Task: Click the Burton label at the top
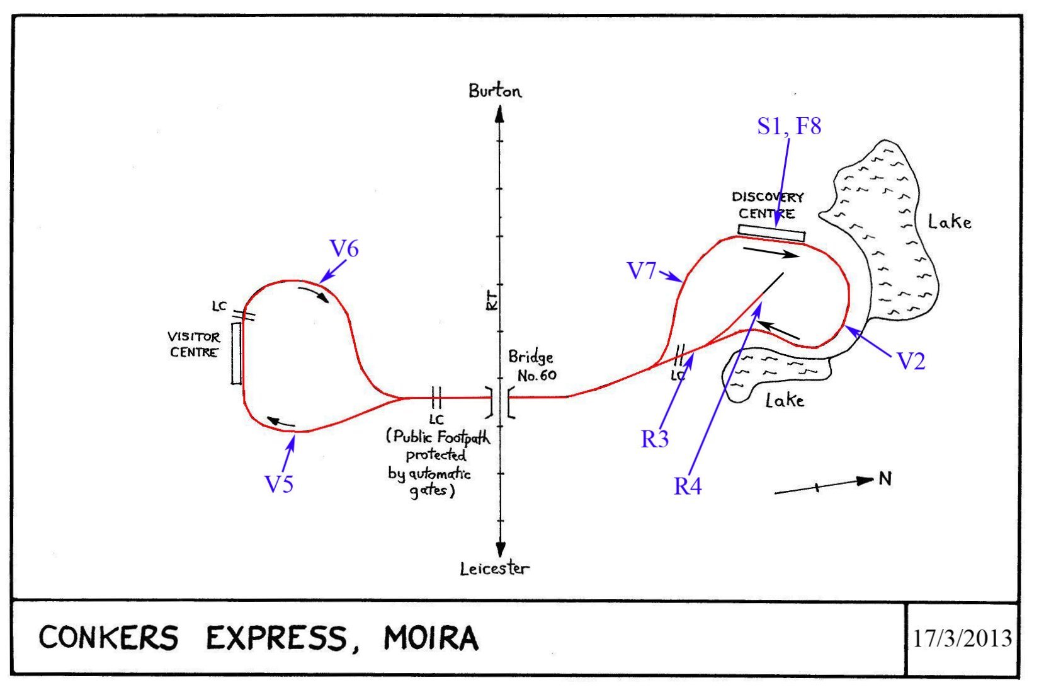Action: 495,91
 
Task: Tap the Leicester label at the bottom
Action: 494,569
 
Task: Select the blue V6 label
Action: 344,249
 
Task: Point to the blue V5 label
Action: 279,484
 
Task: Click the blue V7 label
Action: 642,271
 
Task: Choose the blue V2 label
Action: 911,362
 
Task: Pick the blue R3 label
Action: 655,439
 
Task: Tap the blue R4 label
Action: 688,486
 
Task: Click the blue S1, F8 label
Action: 789,126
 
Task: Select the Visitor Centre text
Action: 194,345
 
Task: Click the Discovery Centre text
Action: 768,205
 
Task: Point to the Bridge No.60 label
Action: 533,366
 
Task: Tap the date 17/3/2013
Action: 962,638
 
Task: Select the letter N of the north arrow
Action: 885,479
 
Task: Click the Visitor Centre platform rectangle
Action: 236,353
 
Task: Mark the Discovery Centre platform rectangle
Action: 771,233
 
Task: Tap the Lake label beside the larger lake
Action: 950,222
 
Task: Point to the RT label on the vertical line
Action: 492,300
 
